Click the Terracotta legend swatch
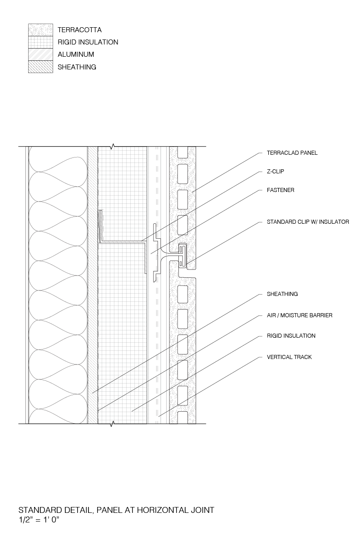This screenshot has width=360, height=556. (x=40, y=30)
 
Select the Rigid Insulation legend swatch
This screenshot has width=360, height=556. (x=40, y=42)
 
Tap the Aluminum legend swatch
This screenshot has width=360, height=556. (x=40, y=54)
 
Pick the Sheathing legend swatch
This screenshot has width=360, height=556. (x=40, y=67)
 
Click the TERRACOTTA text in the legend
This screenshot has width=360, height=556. (x=79, y=30)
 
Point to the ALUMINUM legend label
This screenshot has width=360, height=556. (x=76, y=54)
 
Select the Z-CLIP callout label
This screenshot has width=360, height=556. (x=276, y=172)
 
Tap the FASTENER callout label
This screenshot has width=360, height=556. (x=281, y=190)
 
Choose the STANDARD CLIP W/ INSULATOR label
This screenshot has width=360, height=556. (x=308, y=222)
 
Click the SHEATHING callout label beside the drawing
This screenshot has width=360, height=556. (x=282, y=294)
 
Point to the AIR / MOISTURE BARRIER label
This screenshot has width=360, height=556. (x=300, y=315)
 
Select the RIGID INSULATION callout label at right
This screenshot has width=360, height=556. (x=291, y=336)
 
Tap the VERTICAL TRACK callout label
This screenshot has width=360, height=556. (x=289, y=357)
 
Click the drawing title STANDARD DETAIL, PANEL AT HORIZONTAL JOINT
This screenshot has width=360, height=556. (x=116, y=510)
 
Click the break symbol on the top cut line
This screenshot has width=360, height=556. (x=112, y=146)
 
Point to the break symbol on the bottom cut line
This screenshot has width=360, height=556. (x=112, y=424)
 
